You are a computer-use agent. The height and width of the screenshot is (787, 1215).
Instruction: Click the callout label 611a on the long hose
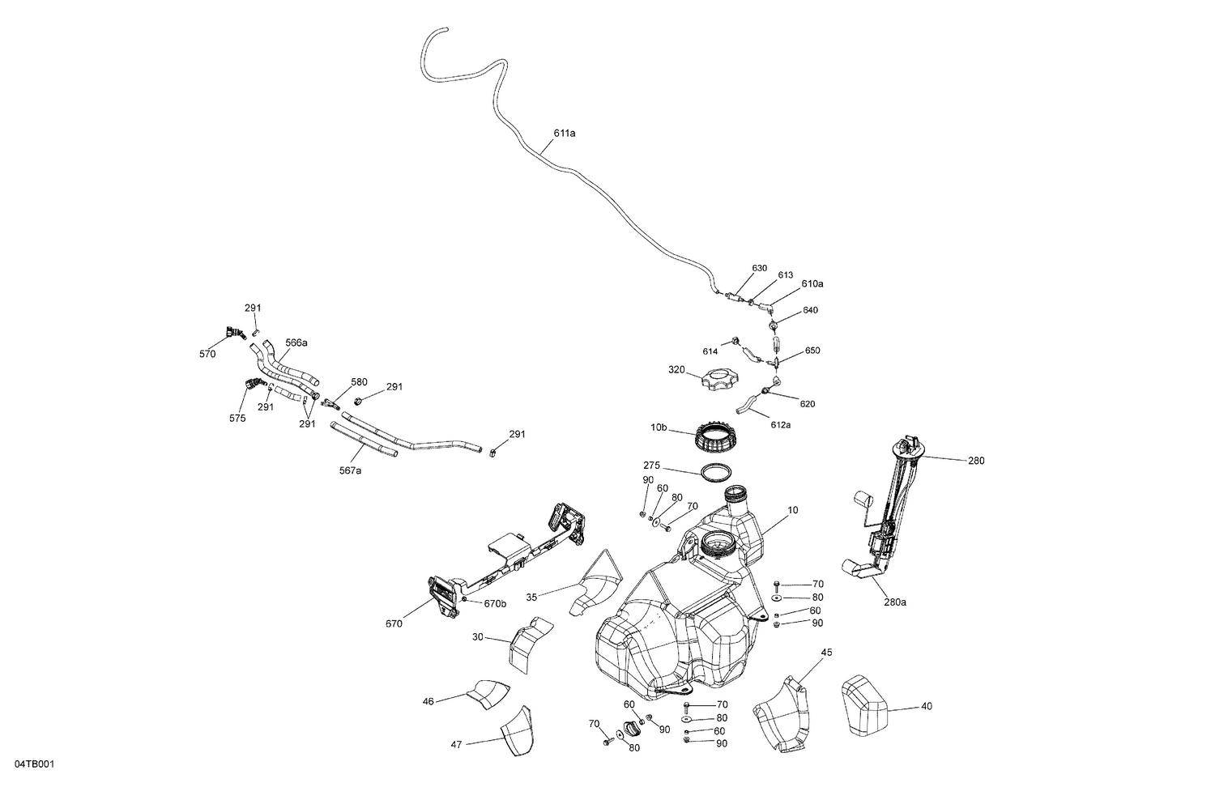[x=564, y=133]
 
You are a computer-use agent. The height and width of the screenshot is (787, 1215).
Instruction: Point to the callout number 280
[x=976, y=461]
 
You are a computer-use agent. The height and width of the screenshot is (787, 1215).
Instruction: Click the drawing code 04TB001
[x=34, y=764]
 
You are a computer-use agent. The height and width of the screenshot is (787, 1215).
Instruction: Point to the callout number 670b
[x=495, y=603]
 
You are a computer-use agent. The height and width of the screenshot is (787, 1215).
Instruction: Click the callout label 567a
[x=350, y=470]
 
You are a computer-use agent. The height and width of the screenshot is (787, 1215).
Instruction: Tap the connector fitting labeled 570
[x=233, y=332]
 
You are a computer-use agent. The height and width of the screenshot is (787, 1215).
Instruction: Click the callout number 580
[x=359, y=381]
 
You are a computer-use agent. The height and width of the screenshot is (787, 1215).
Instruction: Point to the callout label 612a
[x=780, y=424]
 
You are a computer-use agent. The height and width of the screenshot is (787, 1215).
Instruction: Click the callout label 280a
[x=895, y=602]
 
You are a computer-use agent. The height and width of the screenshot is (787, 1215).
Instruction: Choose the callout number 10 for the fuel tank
[x=793, y=510]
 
